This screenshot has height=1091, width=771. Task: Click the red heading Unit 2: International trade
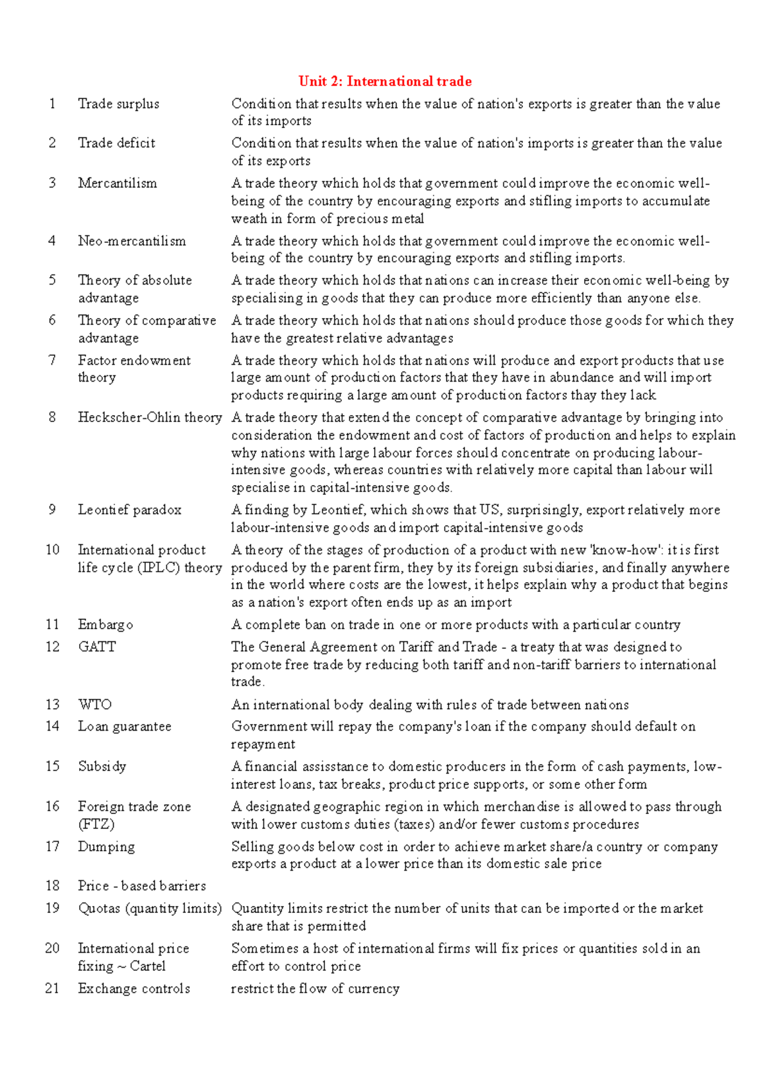(385, 82)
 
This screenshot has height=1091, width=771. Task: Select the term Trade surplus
(118, 104)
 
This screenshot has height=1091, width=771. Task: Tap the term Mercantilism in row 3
(117, 183)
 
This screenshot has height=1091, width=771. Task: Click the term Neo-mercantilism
(132, 241)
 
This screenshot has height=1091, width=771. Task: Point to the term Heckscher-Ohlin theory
(150, 418)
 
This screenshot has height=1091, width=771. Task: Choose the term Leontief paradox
(129, 510)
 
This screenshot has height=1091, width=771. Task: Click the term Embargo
(105, 625)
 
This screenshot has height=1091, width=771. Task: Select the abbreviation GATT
(97, 647)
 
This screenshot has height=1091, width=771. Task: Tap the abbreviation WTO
(94, 705)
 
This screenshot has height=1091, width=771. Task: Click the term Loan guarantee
(125, 727)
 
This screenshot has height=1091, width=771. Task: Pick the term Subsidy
(102, 767)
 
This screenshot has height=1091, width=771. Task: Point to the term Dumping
(106, 847)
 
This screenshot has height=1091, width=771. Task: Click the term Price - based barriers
(142, 886)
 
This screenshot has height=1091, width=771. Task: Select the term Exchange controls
(134, 989)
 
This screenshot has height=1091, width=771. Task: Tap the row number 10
(52, 550)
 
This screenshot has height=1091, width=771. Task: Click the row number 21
(52, 989)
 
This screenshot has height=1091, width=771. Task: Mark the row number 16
(52, 807)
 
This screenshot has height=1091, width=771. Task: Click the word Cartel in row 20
(147, 966)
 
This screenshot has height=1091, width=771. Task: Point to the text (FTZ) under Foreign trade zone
(96, 824)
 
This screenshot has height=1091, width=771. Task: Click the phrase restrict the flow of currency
(315, 989)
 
